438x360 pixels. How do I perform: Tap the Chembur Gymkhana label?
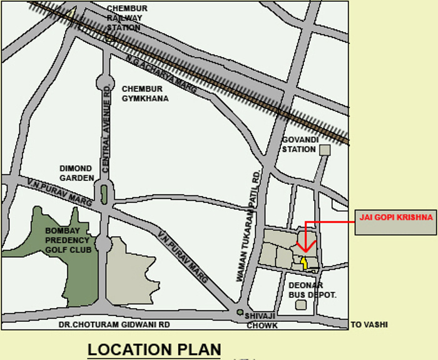pos(145,93)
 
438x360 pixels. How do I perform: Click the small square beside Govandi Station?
pos(324,150)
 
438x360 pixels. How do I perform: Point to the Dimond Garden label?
pos(76,173)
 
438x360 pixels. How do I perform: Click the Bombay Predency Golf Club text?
pos(68,240)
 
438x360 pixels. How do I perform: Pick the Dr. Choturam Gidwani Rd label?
pos(114,325)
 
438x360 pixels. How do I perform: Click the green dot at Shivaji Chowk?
pos(240,312)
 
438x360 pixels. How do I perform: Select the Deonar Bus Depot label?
pos(312,289)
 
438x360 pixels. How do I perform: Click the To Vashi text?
pos(369,324)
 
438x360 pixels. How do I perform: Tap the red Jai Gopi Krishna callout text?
pos(396,217)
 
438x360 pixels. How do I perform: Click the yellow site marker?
pos(305,262)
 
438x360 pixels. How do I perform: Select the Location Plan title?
pos(154,349)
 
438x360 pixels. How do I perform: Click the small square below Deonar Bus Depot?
pos(302,305)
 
